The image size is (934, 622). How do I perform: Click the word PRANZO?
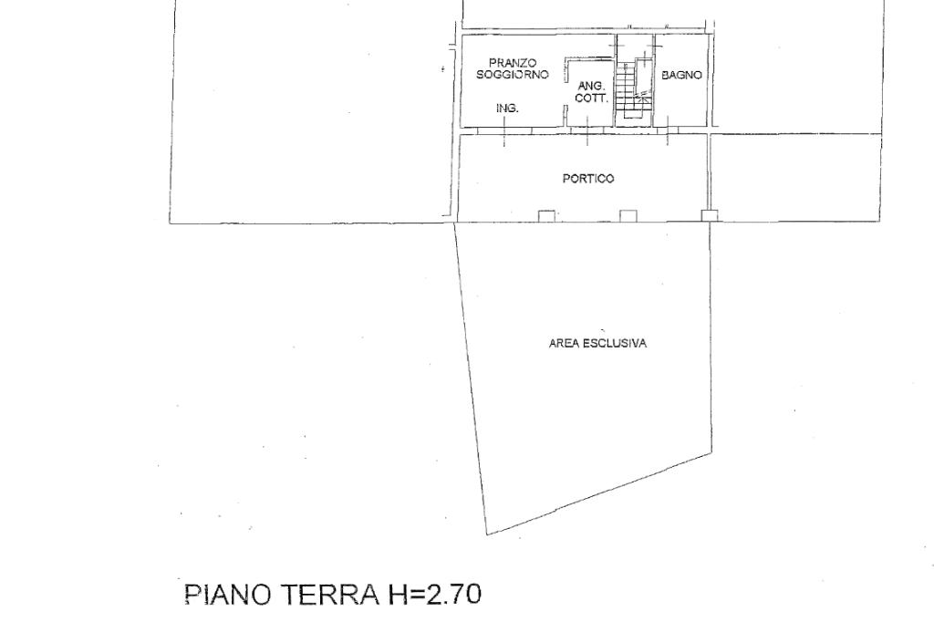513,63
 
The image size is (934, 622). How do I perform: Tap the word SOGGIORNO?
513,75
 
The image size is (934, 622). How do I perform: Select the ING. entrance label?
507,109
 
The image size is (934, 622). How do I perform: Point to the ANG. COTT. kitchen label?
591,92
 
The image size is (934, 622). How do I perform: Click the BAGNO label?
681,75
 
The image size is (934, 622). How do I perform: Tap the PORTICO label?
588,178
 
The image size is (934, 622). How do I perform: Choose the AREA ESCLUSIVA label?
597,343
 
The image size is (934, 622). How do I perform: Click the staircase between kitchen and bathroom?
634,89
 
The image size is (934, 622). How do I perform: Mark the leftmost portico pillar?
546,215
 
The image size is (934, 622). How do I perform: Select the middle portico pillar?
628,215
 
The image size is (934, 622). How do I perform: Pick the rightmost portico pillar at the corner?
710,215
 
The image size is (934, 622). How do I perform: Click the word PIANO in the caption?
229,594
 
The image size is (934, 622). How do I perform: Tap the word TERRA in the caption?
329,594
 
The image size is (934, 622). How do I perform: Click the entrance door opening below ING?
503,130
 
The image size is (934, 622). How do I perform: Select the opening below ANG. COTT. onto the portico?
588,130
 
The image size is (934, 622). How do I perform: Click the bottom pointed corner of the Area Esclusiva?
488,534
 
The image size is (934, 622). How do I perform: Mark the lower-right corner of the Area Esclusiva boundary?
711,453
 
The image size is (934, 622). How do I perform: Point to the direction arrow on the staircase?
642,96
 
